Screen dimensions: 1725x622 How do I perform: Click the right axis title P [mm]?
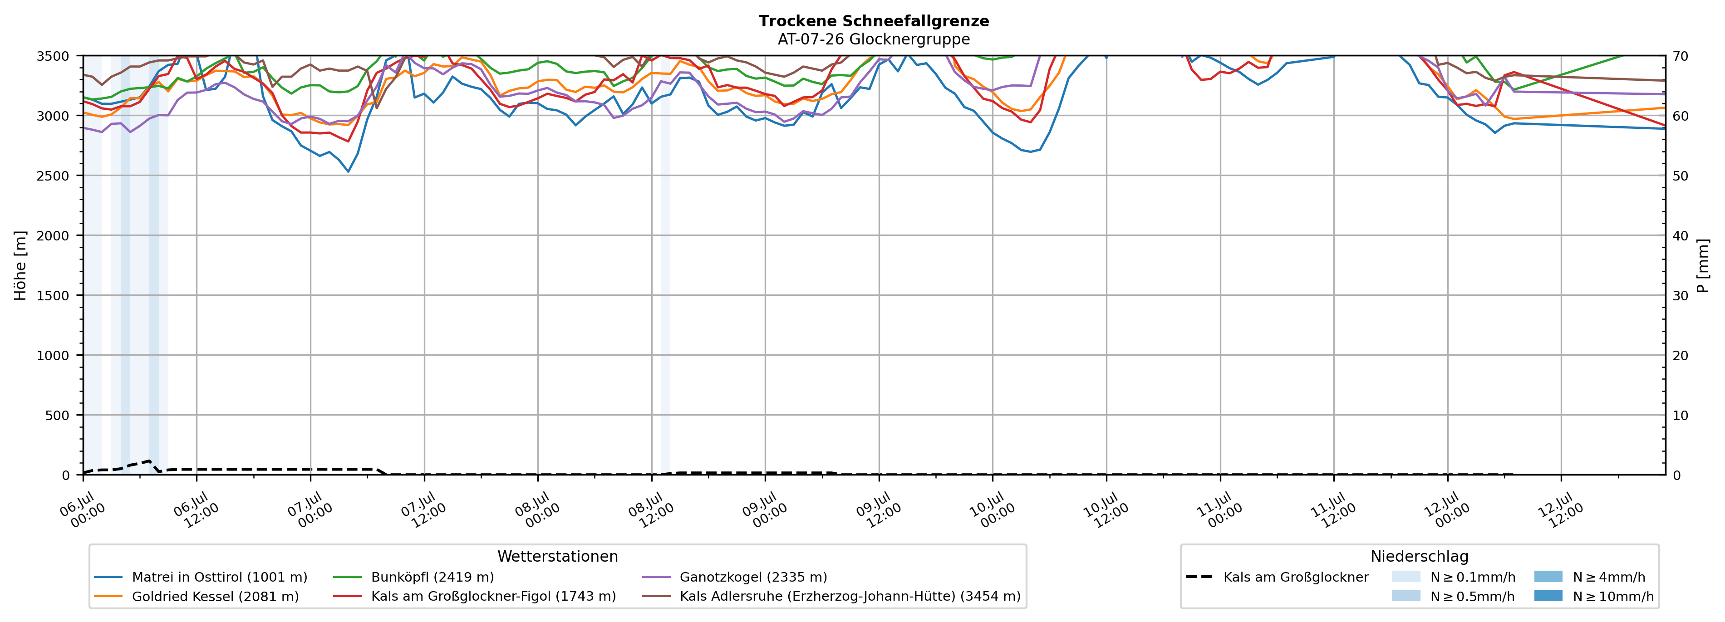click(1703, 266)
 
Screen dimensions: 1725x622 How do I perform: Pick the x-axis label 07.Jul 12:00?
click(420, 510)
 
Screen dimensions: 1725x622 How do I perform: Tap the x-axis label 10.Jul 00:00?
click(988, 510)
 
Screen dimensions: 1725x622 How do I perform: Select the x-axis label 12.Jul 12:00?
click(1557, 510)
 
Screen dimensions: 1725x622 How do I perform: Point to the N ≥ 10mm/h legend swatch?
click(1548, 596)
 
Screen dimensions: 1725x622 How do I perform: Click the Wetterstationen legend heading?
click(558, 556)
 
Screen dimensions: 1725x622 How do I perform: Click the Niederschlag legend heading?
click(1420, 556)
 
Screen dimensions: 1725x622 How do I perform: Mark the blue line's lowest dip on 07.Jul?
click(348, 171)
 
